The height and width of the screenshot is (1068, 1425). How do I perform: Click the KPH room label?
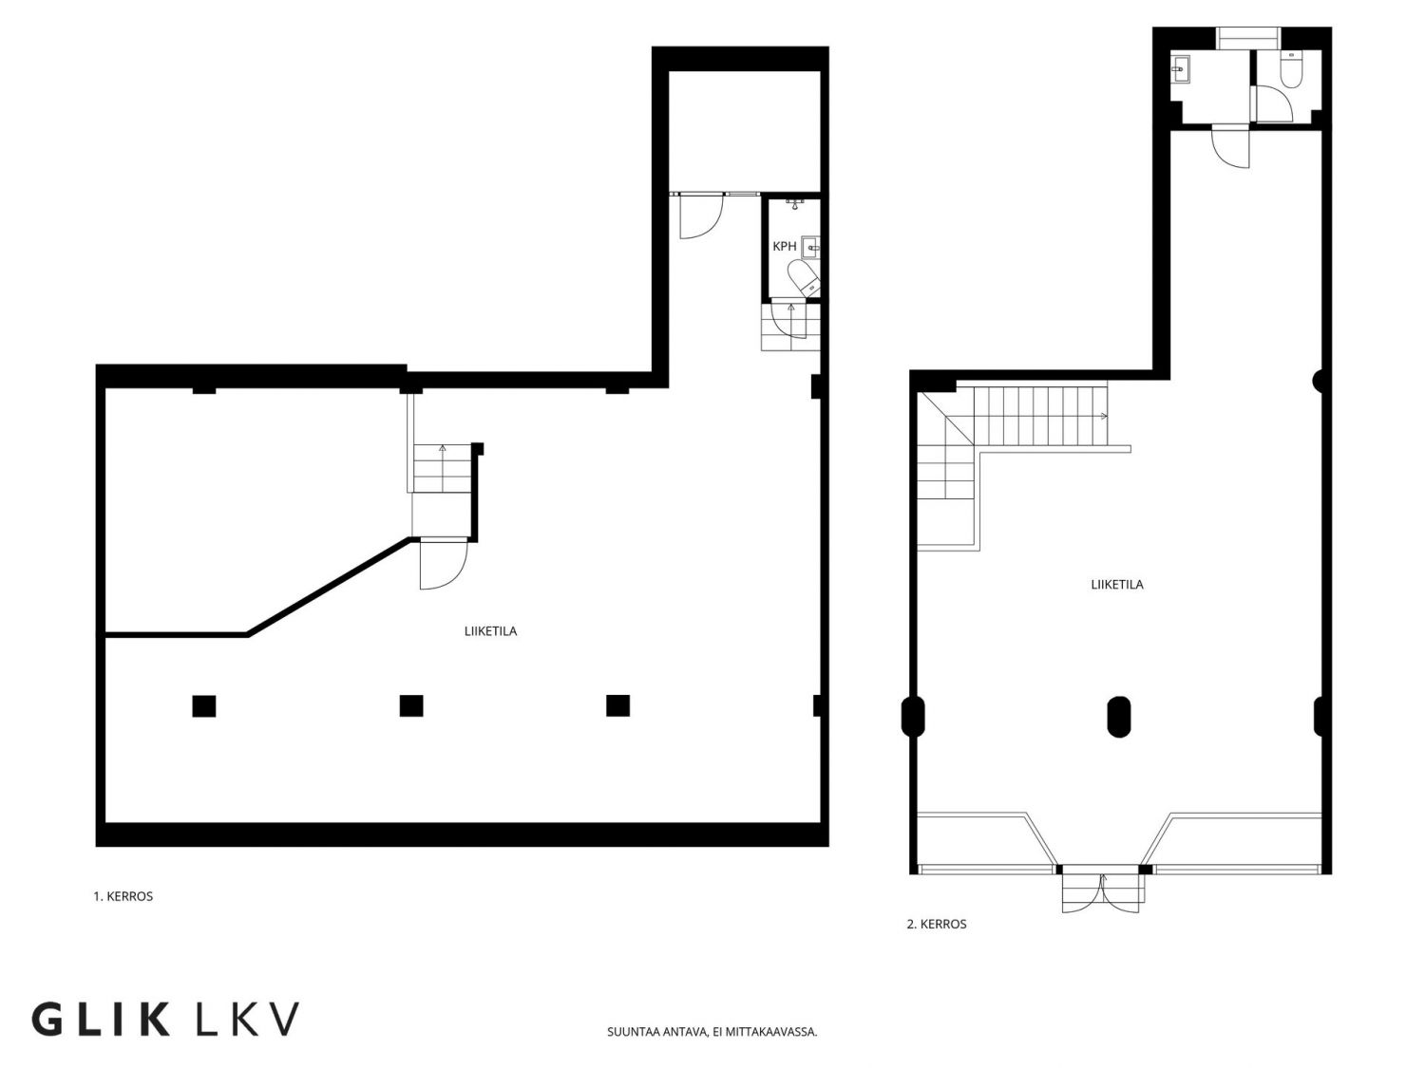coord(784,247)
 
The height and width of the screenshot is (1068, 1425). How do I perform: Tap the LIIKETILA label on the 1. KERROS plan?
coord(490,631)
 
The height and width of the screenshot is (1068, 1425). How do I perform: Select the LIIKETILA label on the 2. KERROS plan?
coord(1116,584)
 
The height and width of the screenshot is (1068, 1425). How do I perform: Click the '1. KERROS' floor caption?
coord(123,896)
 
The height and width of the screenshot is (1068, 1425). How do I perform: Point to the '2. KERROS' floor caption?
coord(936,924)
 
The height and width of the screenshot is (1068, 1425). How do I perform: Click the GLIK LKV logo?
coord(165,1019)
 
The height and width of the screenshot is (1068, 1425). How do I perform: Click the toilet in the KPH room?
coord(805,278)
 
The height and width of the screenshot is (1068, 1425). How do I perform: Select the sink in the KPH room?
coord(811,247)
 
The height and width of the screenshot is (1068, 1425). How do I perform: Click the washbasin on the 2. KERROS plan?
coord(1180,68)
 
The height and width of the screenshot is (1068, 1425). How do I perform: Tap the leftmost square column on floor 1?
coord(204,705)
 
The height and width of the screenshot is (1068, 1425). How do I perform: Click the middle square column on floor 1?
coord(411,705)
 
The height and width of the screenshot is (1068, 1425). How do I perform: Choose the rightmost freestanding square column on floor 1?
coord(617,705)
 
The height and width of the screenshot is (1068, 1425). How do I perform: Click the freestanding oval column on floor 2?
coord(1118,717)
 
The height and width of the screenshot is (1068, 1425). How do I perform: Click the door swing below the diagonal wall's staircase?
coord(444,564)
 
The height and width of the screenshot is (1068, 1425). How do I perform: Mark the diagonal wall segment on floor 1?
coord(329,586)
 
